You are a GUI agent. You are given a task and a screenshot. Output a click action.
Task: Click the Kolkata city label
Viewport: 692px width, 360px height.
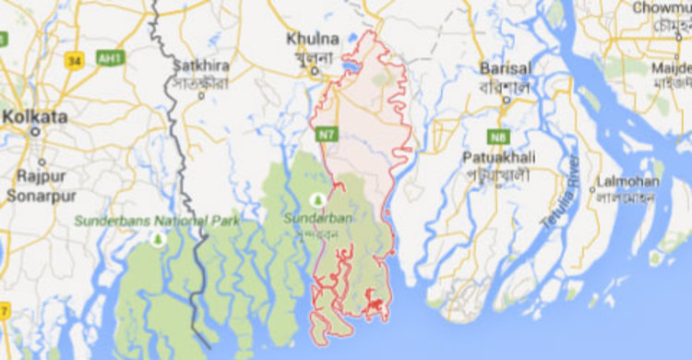(x=35, y=117)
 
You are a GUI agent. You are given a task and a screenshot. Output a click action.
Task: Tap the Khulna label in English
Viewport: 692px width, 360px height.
(x=306, y=39)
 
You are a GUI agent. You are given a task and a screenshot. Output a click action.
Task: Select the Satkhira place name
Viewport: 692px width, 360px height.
(x=198, y=66)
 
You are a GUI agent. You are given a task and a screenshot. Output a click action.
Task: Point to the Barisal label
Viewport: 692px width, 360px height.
(x=505, y=68)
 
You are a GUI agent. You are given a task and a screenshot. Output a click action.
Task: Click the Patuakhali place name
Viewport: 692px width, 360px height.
(x=500, y=157)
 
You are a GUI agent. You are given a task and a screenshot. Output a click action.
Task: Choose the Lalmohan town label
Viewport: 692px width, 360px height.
(x=627, y=181)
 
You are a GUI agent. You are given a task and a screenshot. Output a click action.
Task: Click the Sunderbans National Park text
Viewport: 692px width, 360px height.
(x=157, y=221)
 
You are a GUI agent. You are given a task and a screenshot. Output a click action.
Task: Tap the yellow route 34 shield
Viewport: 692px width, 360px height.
(x=75, y=60)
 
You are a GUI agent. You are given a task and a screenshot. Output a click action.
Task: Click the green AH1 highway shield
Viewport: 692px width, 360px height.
(x=110, y=58)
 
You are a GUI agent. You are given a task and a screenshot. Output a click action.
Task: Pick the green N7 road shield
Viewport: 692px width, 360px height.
(x=325, y=136)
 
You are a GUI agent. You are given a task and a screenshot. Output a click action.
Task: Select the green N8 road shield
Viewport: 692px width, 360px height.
(x=499, y=137)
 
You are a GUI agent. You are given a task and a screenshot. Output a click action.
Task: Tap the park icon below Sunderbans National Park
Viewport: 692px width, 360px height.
(x=157, y=239)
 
